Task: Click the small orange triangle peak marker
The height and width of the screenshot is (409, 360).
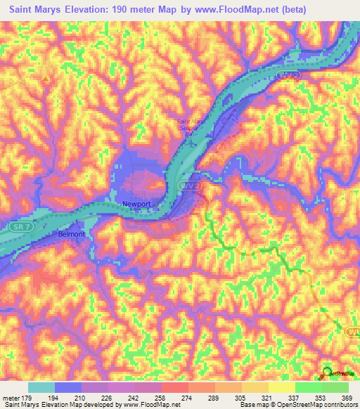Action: [46, 79]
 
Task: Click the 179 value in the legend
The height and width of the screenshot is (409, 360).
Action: [27, 398]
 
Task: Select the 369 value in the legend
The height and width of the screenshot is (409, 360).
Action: [347, 398]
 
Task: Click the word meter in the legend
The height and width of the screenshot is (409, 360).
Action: [10, 398]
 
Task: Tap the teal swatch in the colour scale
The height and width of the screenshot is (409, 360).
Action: [41, 388]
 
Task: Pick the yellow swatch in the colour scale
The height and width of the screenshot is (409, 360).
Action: [281, 388]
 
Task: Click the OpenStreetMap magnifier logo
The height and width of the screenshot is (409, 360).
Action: [327, 373]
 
